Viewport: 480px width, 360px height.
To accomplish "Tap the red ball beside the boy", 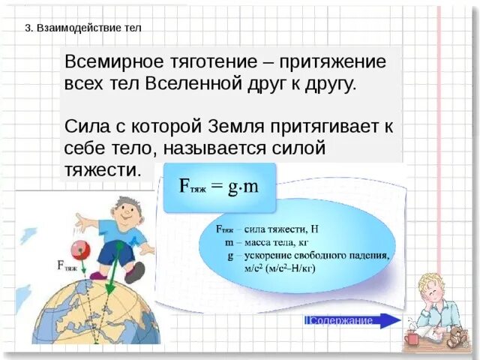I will click(x=76, y=250).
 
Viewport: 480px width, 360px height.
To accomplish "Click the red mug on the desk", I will click(x=411, y=340).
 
